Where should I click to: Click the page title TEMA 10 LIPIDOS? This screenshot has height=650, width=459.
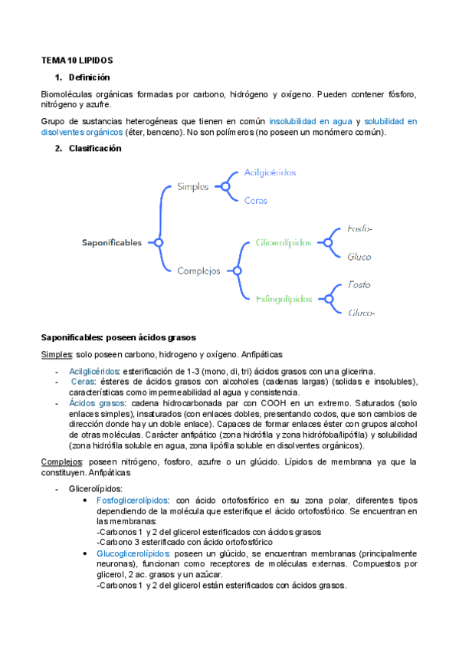pos(77,61)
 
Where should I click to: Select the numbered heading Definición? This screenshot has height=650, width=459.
pos(89,77)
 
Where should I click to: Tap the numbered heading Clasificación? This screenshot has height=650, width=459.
pos(94,149)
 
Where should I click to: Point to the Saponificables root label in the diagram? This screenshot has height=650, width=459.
pos(112,243)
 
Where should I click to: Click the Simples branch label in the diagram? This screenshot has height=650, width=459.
pos(192,186)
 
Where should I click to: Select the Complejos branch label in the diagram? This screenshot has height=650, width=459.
pos(198,271)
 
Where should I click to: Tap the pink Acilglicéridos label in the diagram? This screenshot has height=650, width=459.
pos(270,172)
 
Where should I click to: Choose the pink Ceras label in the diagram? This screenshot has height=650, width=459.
pos(255,200)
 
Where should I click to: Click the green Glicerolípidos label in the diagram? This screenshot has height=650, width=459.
pos(284,242)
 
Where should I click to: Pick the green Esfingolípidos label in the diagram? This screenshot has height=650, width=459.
pos(284,298)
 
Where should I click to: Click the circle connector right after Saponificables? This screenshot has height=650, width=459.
pos(158,243)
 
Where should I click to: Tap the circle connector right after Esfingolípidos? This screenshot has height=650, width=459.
pos(329,298)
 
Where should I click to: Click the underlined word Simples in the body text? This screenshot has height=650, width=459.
pos(56,354)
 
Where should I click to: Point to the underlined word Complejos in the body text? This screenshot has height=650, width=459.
pos(62,461)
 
